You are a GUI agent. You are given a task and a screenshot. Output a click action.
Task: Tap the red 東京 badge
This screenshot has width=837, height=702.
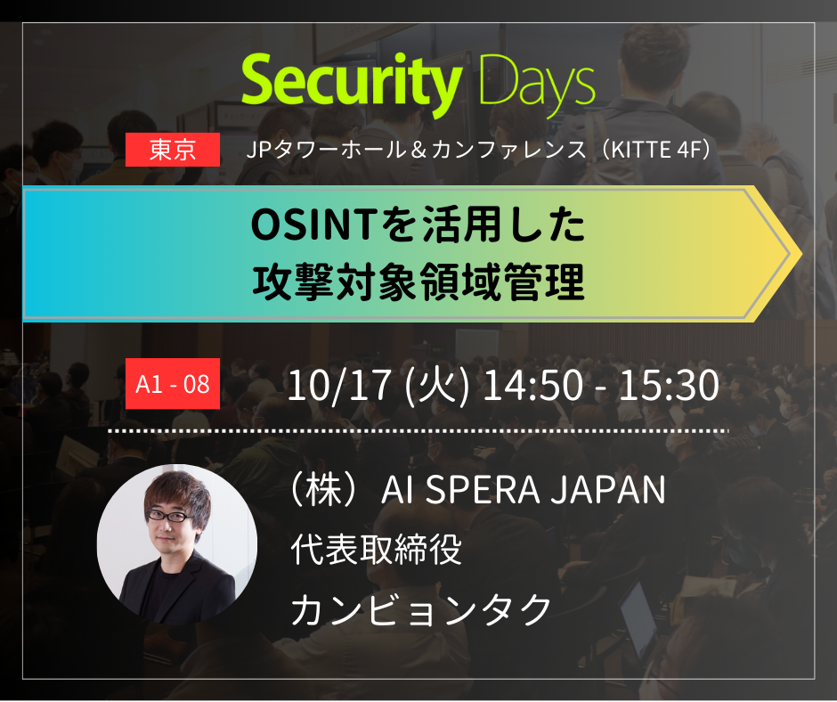(x=173, y=150)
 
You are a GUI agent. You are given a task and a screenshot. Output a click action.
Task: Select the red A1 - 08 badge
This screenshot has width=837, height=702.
(x=173, y=385)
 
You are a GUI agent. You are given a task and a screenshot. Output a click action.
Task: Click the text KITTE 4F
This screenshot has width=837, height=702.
(x=654, y=149)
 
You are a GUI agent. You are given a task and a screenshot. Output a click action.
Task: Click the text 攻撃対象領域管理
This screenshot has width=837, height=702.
(x=418, y=283)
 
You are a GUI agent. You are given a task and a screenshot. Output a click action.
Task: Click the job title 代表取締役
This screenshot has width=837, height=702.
(x=377, y=550)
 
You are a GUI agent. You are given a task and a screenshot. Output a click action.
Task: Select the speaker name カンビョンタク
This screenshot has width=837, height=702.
(x=422, y=609)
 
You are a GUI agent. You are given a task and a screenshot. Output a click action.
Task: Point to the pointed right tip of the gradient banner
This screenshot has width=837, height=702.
(x=795, y=253)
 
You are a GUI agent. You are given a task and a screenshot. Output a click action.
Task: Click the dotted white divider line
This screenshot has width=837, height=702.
(x=418, y=430)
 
